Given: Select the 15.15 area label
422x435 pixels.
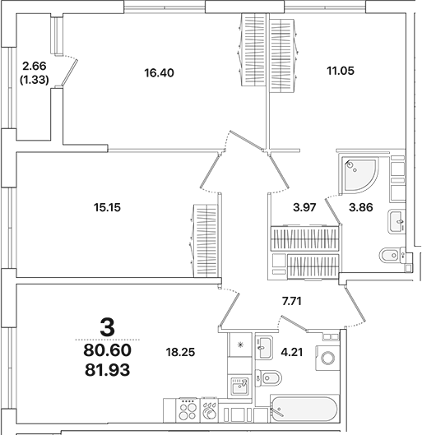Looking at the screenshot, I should pyautogui.click(x=109, y=207).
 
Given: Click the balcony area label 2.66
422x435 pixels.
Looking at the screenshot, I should pyautogui.click(x=35, y=66).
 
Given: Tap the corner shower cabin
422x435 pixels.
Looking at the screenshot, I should pyautogui.click(x=360, y=171).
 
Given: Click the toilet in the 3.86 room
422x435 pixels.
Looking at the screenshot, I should pyautogui.click(x=390, y=254).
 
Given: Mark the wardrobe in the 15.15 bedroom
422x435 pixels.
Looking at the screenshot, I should pyautogui.click(x=206, y=242).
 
